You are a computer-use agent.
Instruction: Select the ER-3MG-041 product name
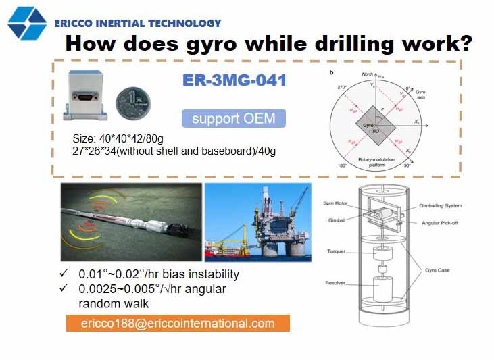pos(234,80)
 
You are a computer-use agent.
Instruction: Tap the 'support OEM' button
pos(233,118)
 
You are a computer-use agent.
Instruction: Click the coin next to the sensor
pos(132,102)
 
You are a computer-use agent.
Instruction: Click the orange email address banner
pos(178,323)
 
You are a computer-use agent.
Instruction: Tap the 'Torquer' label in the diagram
pos(336,251)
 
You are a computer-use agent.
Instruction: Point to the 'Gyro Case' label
pos(436,270)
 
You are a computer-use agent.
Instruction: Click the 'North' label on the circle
pos(366,74)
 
